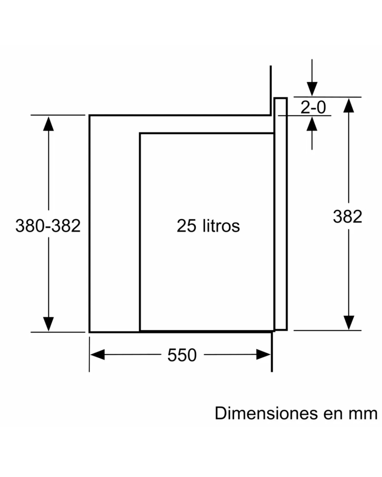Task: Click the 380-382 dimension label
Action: pos(48,226)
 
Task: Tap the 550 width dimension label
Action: pos(182,355)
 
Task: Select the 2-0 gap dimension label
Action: pos(313,107)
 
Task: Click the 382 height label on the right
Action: pos(348,216)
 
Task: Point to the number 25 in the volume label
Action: pos(186,226)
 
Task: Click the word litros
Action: pos(221,226)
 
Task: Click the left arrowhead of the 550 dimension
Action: pos(97,354)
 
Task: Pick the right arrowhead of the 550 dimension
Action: pos(264,354)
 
